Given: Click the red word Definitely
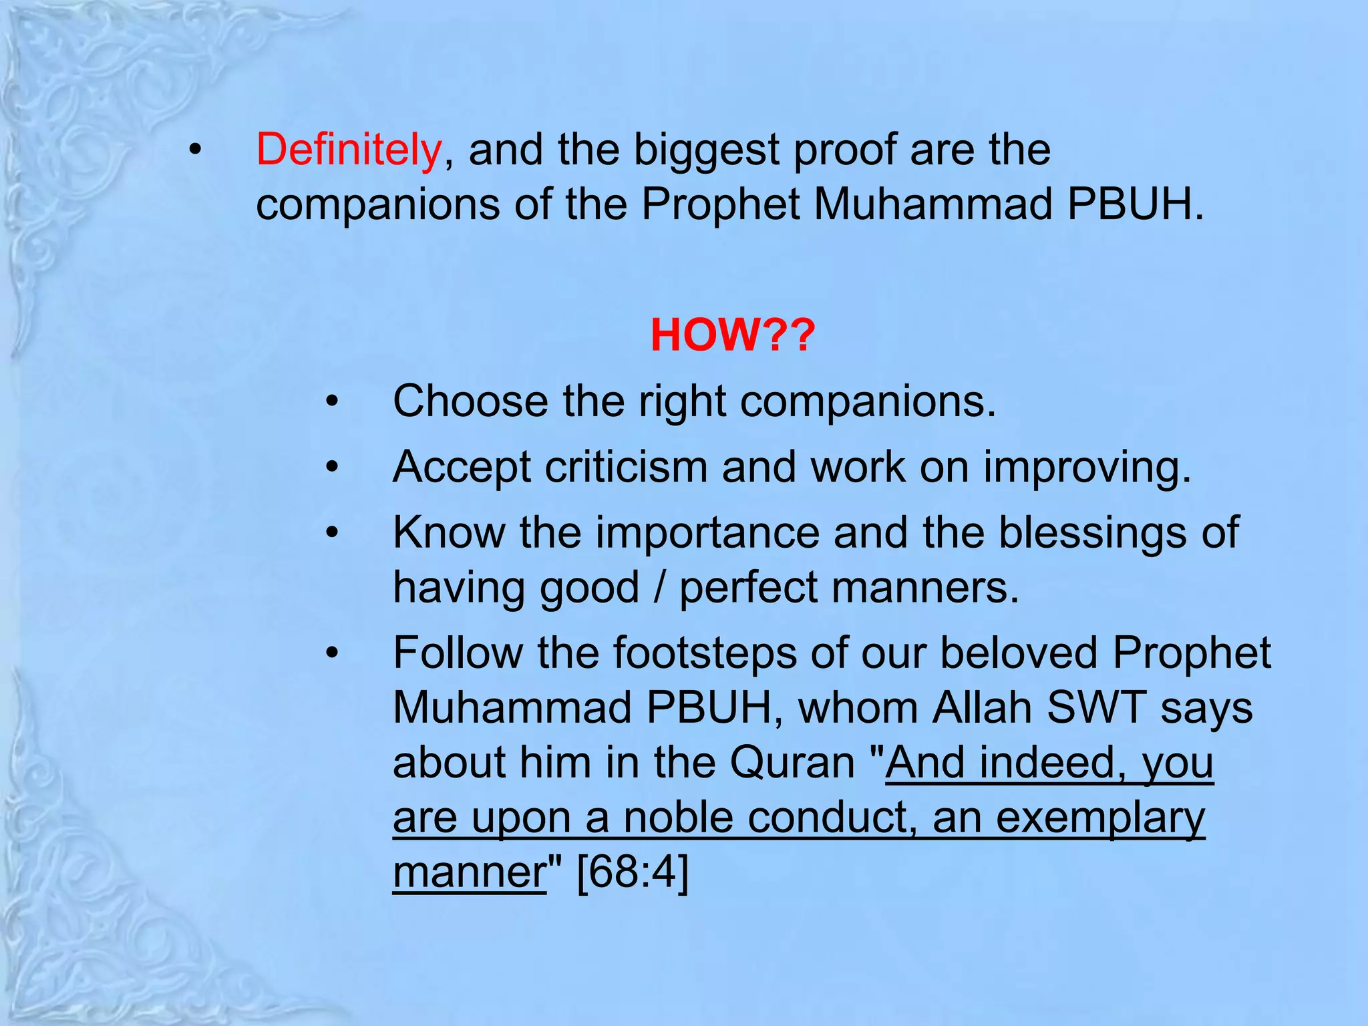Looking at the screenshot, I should (x=348, y=150).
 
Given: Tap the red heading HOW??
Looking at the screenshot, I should (x=733, y=335).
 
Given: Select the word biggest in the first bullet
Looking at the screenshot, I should (x=706, y=150).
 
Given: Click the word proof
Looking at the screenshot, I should (x=844, y=150).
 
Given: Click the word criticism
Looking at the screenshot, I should (x=626, y=467).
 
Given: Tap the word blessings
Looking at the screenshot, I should (x=1092, y=533).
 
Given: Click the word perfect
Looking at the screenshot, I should (x=748, y=588).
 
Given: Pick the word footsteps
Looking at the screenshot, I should (x=705, y=653).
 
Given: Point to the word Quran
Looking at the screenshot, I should (x=792, y=762).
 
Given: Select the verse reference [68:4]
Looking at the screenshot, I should (x=632, y=872).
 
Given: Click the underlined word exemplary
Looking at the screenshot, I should (x=1100, y=818).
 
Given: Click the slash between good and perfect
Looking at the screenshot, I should (x=659, y=588).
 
